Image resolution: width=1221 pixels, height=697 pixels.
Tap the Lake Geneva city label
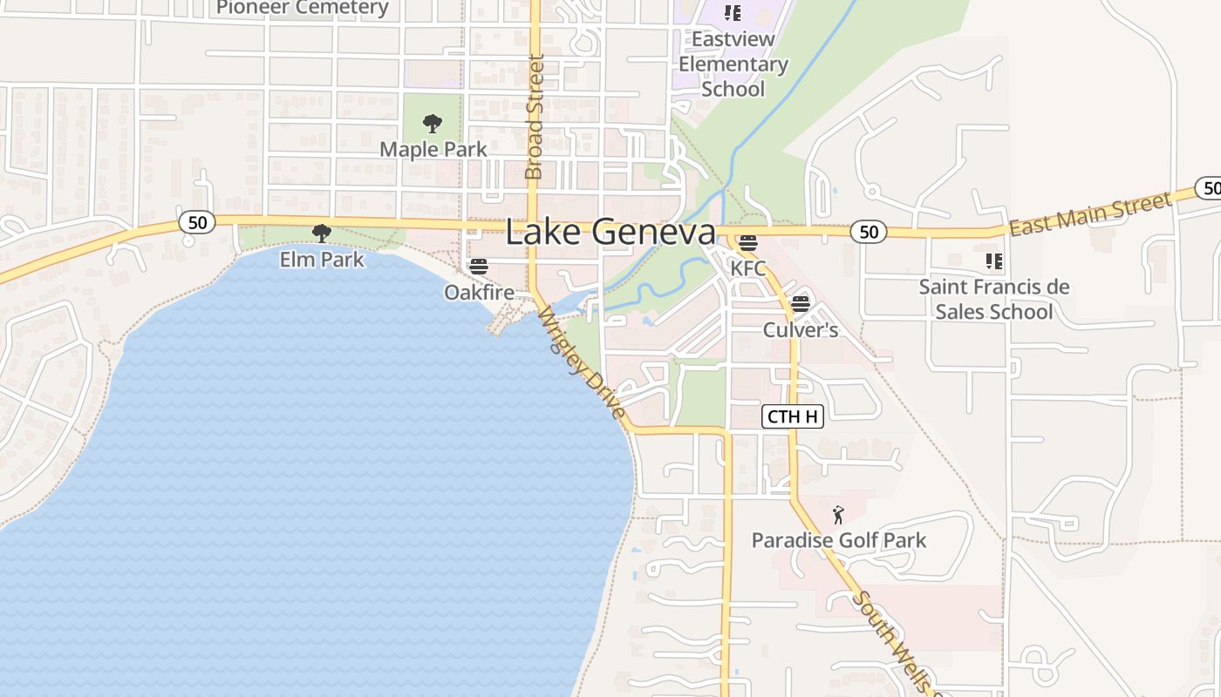tap(610, 233)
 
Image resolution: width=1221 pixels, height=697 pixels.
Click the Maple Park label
tap(433, 149)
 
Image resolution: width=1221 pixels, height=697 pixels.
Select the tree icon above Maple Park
tap(432, 124)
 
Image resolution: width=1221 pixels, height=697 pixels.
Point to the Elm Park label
tap(322, 259)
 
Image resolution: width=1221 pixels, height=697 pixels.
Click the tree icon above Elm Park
tap(322, 233)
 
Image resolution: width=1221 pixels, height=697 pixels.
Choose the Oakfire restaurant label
tap(479, 292)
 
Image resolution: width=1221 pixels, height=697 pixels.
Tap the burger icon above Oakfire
tap(478, 267)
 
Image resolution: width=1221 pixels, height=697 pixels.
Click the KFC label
tap(748, 267)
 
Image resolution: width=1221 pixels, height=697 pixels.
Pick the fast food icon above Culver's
tap(801, 305)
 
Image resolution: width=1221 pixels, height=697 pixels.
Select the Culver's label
tap(801, 329)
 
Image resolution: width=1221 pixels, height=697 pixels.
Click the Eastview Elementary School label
tap(733, 64)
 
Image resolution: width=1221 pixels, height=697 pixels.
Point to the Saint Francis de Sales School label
tap(994, 299)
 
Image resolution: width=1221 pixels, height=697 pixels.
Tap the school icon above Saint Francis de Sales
tap(993, 261)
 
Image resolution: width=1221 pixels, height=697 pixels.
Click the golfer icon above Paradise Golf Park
tap(839, 515)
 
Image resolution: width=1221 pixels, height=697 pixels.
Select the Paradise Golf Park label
tap(839, 540)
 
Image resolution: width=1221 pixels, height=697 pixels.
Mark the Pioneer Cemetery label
tap(303, 8)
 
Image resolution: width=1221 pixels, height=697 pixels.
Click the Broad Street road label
tap(535, 117)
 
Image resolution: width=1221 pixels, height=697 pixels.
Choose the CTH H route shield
tap(793, 416)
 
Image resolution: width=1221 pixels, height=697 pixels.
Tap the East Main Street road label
tap(1090, 214)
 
